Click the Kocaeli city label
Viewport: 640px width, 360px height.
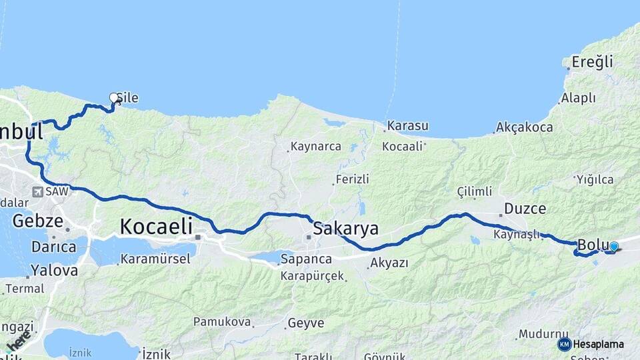click(156, 226)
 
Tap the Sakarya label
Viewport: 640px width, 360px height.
click(346, 229)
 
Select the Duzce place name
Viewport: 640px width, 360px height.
click(525, 208)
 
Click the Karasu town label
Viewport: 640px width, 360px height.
click(407, 126)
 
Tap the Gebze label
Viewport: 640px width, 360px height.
click(37, 221)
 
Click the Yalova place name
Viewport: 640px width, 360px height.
click(54, 271)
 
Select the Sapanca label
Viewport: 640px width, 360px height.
click(306, 259)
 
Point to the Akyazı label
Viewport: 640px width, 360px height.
click(389, 263)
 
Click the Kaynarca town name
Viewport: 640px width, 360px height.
click(316, 147)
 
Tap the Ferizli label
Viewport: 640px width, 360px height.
click(353, 179)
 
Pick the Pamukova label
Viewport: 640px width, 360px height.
click(222, 322)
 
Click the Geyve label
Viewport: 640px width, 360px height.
click(306, 323)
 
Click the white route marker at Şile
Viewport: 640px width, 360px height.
click(113, 97)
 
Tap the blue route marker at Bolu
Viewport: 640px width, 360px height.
click(614, 247)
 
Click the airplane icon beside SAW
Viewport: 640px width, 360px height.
click(37, 192)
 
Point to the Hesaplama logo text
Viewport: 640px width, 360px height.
click(599, 344)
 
